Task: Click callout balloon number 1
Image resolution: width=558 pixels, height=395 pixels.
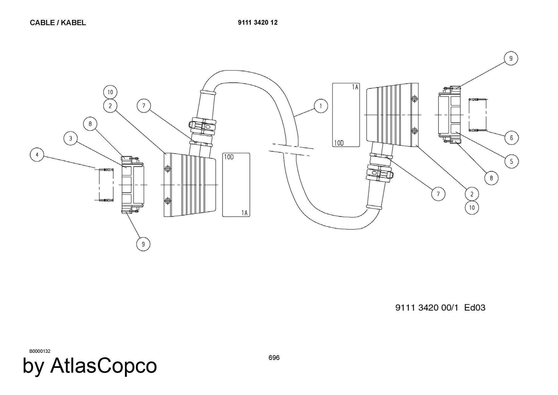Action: pos(321,106)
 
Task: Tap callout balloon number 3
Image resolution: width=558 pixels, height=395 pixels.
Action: pos(71,138)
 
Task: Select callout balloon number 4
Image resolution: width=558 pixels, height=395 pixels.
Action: pos(37,154)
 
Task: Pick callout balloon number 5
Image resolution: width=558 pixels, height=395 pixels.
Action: pos(511,161)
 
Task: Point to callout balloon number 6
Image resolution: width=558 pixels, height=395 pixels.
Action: pos(511,138)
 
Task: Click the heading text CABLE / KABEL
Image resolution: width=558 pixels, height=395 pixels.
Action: pos(58,23)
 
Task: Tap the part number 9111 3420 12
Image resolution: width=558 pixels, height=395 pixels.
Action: pos(258,23)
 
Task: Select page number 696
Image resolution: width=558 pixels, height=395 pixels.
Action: pos(274,358)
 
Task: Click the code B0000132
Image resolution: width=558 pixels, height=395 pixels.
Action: pos(40,351)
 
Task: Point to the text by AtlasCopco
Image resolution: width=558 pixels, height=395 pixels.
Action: pos(90,366)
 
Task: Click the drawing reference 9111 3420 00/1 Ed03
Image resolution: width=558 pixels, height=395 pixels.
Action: pos(441,308)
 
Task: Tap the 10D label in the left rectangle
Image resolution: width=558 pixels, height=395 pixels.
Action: pos(229,157)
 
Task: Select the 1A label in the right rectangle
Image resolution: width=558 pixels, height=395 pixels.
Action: pos(355,87)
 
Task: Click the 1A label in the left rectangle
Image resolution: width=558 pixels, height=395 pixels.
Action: pos(244,213)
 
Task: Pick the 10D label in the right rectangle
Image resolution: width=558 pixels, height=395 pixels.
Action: pos(339,143)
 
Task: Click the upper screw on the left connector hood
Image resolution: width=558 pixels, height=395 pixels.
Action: pos(168,169)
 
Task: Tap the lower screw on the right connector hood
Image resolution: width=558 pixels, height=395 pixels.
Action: pos(415,130)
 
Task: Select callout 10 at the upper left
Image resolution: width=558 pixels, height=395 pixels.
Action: pos(110,92)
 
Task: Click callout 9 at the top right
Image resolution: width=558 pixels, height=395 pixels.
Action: pos(511,59)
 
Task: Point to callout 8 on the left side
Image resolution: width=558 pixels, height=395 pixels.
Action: pos(90,124)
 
